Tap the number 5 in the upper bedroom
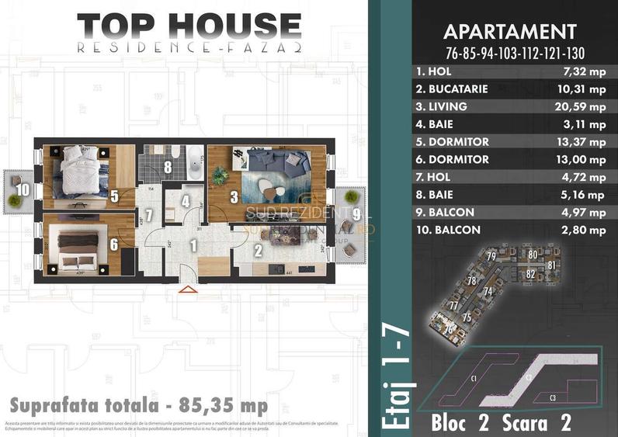pyautogui.click(x=114, y=196)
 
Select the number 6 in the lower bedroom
pyautogui.click(x=114, y=244)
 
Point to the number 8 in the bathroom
pyautogui.click(x=168, y=166)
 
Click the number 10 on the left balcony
pyautogui.click(x=24, y=189)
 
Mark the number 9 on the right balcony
pyautogui.click(x=356, y=212)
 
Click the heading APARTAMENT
pyautogui.click(x=509, y=32)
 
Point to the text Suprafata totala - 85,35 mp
pyautogui.click(x=139, y=406)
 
